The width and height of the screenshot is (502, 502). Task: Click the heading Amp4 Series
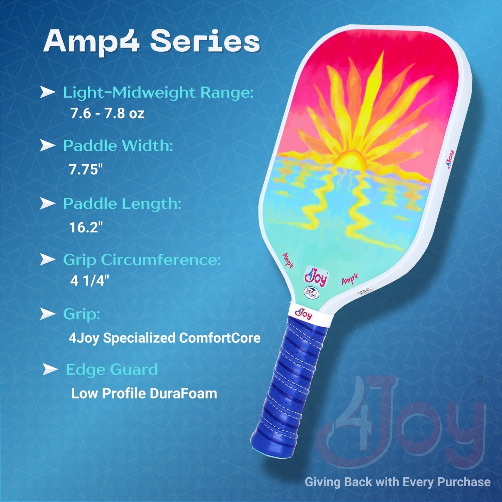(x=151, y=42)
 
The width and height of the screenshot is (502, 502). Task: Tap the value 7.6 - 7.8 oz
(x=107, y=114)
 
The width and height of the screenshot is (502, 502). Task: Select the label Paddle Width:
(x=118, y=146)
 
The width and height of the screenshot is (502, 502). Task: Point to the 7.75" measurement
(x=86, y=170)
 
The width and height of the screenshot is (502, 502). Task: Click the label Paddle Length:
(x=122, y=204)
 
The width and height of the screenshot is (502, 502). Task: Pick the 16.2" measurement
(x=86, y=228)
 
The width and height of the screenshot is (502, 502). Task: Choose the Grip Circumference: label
(x=142, y=260)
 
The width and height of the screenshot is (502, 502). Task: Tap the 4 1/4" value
(x=90, y=281)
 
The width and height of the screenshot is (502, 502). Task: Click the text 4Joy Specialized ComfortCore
(x=164, y=338)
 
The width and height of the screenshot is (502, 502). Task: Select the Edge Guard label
(x=112, y=369)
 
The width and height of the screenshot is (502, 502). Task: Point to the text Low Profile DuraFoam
(x=144, y=394)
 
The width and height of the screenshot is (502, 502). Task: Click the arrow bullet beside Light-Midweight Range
(x=48, y=92)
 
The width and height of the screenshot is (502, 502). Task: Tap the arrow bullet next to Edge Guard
(x=50, y=369)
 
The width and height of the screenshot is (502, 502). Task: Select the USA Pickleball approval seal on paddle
(x=310, y=292)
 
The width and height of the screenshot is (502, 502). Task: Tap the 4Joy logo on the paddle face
(x=315, y=276)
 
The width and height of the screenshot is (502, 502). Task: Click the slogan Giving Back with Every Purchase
(x=397, y=482)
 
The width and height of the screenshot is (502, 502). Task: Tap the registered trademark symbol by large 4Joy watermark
(x=482, y=381)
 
